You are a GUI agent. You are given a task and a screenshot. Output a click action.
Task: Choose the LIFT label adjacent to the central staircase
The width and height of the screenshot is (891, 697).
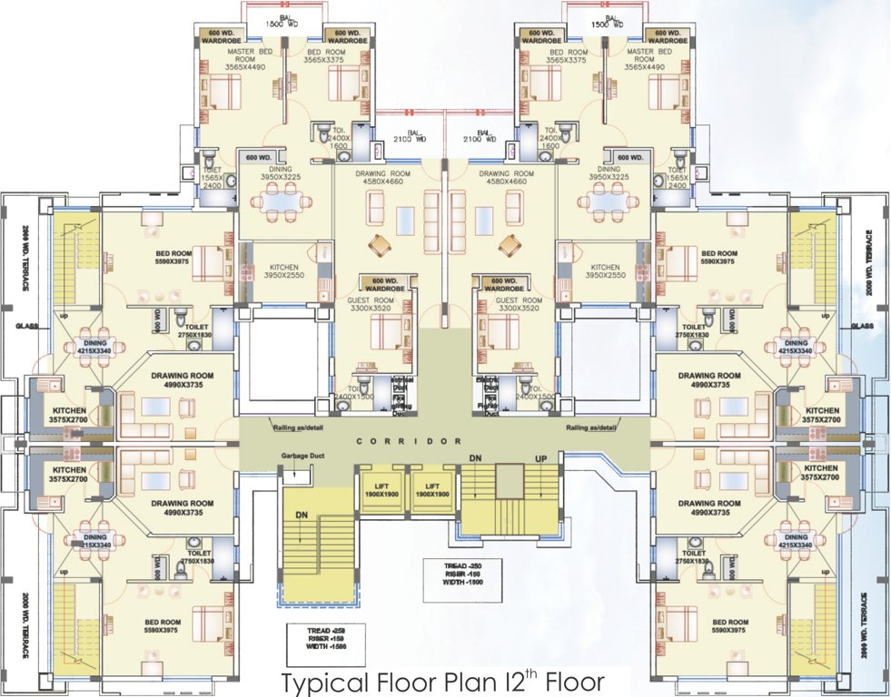tap(433, 490)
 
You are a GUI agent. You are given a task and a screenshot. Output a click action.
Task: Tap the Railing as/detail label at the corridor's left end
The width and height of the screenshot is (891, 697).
tap(298, 427)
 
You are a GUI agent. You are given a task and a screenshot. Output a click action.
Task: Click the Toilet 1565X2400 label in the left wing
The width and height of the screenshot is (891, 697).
tap(211, 175)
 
